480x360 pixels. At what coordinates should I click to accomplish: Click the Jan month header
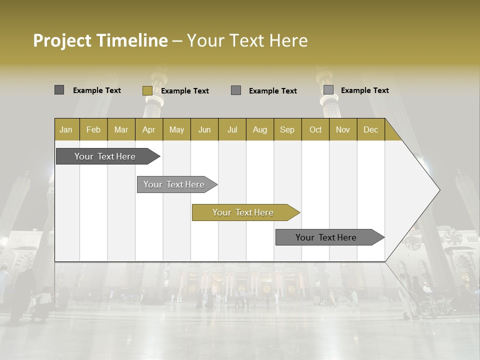[x=66, y=129]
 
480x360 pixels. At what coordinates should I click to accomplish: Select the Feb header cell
[x=93, y=129]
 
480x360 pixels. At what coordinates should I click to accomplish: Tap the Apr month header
[x=148, y=129]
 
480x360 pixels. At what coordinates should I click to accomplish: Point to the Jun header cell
[x=204, y=129]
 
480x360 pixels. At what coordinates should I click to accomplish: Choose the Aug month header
[x=259, y=129]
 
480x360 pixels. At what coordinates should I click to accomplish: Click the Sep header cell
[x=287, y=129]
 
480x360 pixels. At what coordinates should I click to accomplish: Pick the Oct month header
[x=315, y=129]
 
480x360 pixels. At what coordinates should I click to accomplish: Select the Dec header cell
[x=370, y=129]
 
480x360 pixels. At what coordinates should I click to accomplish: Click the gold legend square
[x=147, y=90]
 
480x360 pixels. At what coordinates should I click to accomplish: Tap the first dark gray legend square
[x=59, y=90]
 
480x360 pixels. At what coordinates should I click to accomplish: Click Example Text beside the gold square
[x=184, y=91]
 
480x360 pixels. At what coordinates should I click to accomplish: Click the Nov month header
[x=342, y=129]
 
